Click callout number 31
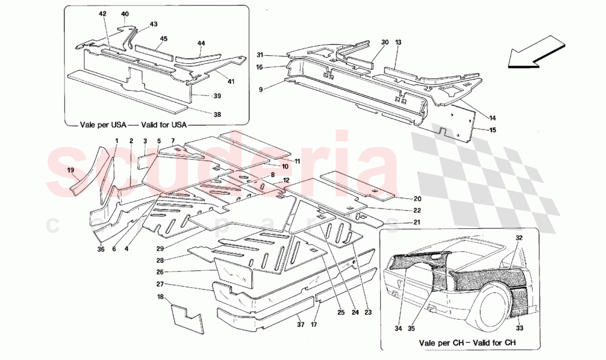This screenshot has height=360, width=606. point(260,54)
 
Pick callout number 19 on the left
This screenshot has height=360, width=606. point(71,170)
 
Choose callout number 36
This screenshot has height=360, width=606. point(100,249)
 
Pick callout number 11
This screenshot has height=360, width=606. point(297,161)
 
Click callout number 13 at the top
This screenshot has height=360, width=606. point(398,42)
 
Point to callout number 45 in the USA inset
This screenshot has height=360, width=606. point(164,39)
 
